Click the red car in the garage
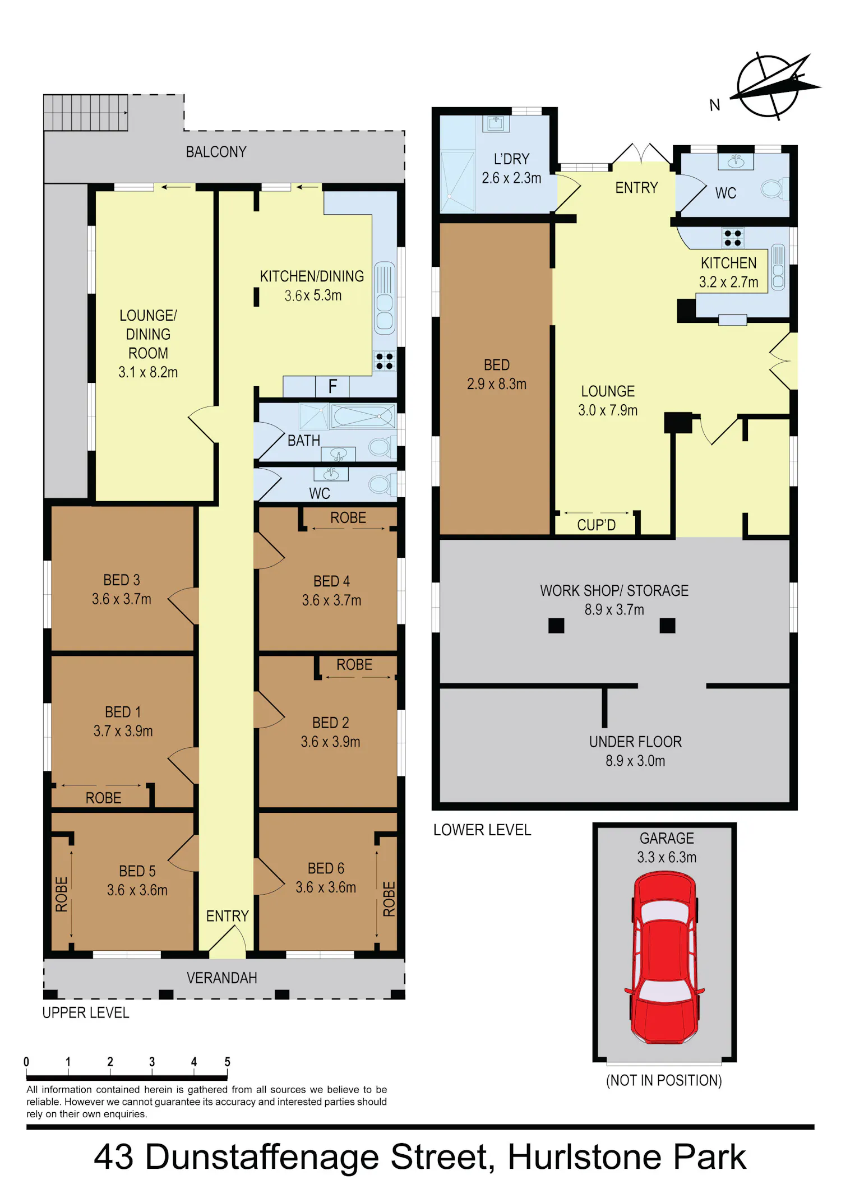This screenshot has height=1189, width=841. [x=664, y=957]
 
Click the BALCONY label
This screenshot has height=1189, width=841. [x=216, y=152]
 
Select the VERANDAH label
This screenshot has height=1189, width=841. [x=222, y=978]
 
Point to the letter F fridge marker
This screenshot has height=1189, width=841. [x=332, y=386]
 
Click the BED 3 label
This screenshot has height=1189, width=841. [x=122, y=580]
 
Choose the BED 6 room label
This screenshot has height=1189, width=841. [x=326, y=868]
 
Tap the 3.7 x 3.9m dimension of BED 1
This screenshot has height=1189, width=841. [x=123, y=731]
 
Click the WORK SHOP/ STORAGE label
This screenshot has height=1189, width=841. [x=614, y=591]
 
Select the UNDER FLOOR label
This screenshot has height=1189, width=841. [x=635, y=742]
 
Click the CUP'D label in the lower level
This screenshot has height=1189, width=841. [x=597, y=525]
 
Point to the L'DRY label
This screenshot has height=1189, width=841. [x=511, y=159]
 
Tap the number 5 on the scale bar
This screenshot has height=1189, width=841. [x=227, y=1062]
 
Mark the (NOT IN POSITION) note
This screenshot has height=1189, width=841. [x=664, y=1080]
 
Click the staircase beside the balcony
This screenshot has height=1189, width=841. [x=86, y=113]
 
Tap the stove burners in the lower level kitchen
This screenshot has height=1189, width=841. [x=733, y=238]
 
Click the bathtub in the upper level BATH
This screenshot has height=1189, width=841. [x=363, y=417]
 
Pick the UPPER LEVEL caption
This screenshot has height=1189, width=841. [x=86, y=1013]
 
